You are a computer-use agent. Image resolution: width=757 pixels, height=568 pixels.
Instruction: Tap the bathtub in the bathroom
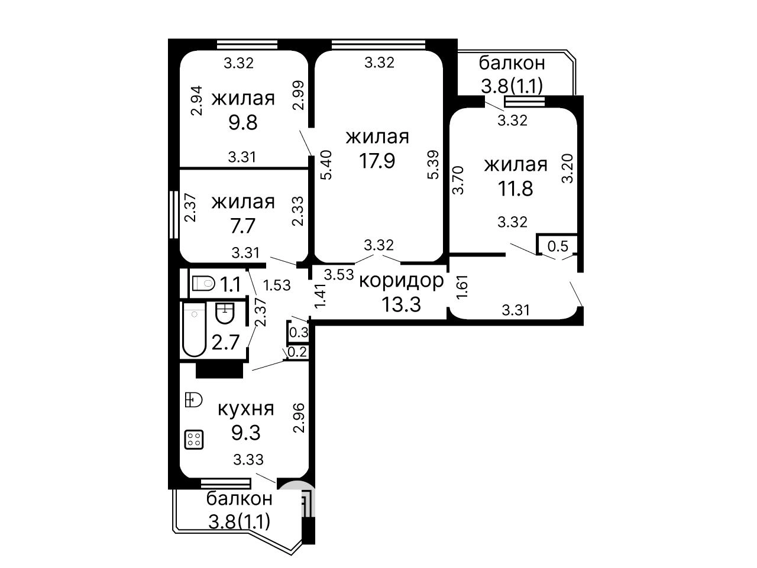click(194, 329)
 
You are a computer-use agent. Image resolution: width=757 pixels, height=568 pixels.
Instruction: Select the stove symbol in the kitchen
click(194, 439)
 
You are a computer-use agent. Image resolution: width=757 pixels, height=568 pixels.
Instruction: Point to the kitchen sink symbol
click(193, 400)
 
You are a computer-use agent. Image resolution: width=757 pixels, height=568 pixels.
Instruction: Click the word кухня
click(246, 409)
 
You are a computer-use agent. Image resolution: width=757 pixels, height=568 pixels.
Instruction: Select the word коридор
click(402, 280)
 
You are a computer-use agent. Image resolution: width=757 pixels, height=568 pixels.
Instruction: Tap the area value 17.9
click(377, 161)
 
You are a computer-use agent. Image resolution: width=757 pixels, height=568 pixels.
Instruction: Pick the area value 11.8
click(515, 189)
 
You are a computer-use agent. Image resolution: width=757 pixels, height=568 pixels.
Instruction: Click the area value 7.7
click(242, 226)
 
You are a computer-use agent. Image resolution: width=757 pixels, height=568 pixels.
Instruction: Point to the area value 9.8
click(243, 122)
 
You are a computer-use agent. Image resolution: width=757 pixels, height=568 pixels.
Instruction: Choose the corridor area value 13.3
click(402, 304)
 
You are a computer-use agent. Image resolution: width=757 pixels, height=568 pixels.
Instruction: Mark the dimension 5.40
click(326, 165)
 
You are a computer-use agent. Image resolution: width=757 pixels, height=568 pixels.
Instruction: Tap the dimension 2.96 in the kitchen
click(299, 417)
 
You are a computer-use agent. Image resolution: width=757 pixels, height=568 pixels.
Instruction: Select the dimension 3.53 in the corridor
click(339, 275)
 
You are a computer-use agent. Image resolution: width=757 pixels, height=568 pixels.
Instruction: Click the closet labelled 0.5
click(558, 246)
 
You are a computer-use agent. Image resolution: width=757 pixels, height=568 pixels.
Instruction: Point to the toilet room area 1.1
click(229, 285)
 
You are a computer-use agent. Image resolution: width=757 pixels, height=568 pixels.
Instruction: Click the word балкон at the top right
click(512, 63)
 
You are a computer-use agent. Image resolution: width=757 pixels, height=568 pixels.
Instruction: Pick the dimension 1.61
click(462, 286)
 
